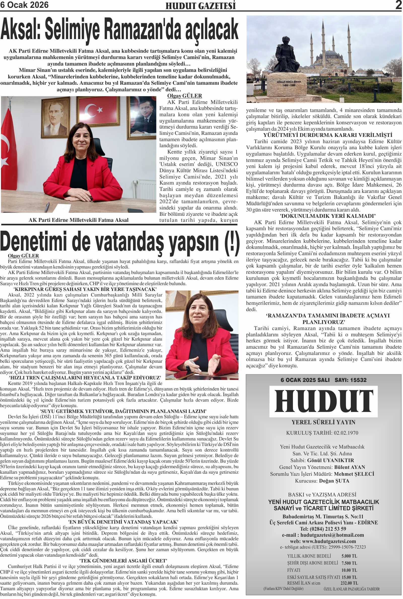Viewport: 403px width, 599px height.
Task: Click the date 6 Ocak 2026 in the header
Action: tap(24, 5)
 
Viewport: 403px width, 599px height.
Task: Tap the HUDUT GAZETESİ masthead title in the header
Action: tap(200, 6)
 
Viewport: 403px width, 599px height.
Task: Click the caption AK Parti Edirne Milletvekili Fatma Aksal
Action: tap(78, 220)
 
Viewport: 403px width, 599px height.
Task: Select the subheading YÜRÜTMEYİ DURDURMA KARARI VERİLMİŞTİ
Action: tap(327, 135)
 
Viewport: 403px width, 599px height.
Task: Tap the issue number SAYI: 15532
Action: tap(350, 380)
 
